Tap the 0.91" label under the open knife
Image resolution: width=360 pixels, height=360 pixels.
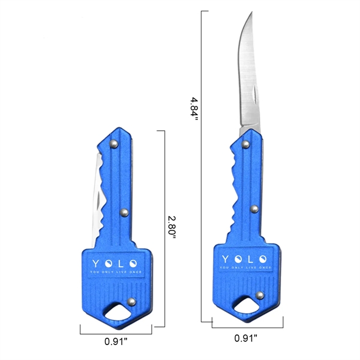pyautogui.click(x=247, y=337)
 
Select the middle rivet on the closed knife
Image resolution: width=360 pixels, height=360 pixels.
pyautogui.click(x=124, y=212)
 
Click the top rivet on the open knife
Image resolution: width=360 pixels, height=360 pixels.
pyautogui.click(x=245, y=144)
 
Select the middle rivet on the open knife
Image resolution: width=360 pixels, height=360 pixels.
pyautogui.click(x=254, y=209)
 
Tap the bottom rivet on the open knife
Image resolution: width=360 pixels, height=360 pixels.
pyautogui.click(x=260, y=295)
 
